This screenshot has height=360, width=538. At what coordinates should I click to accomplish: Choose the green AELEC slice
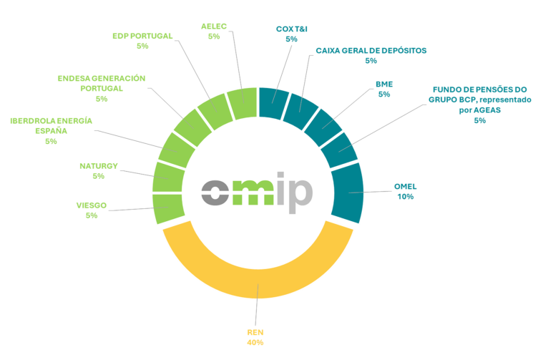click(242, 104)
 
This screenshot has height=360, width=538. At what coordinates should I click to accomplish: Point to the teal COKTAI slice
click(274, 103)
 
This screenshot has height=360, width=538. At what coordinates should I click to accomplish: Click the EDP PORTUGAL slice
click(213, 112)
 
